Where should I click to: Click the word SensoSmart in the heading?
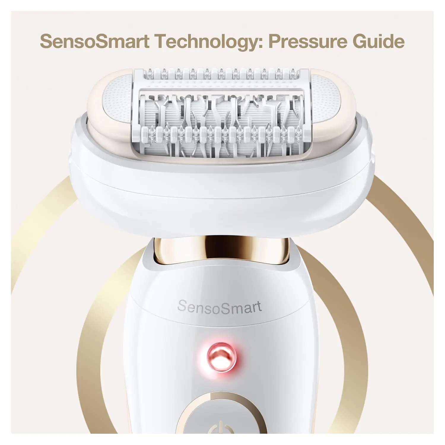point(95,42)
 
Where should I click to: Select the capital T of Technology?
point(161,42)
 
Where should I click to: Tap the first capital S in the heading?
point(47,42)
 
